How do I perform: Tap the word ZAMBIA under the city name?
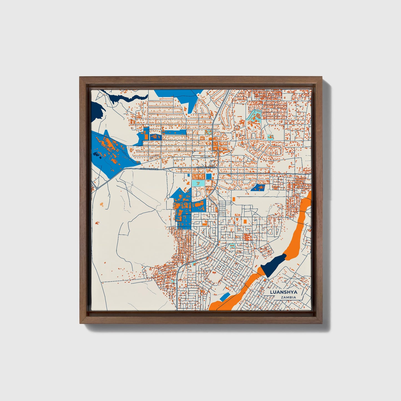tap(288, 297)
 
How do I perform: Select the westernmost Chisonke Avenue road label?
tap(149, 169)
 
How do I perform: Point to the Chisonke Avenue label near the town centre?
tap(205, 168)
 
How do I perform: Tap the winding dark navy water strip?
tap(122, 96)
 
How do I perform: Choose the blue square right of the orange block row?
tap(208, 176)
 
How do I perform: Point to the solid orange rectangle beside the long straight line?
tap(234, 199)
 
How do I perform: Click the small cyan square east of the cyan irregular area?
tap(270, 137)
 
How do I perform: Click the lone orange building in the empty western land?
tap(101, 204)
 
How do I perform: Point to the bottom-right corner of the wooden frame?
tap(322, 323)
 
